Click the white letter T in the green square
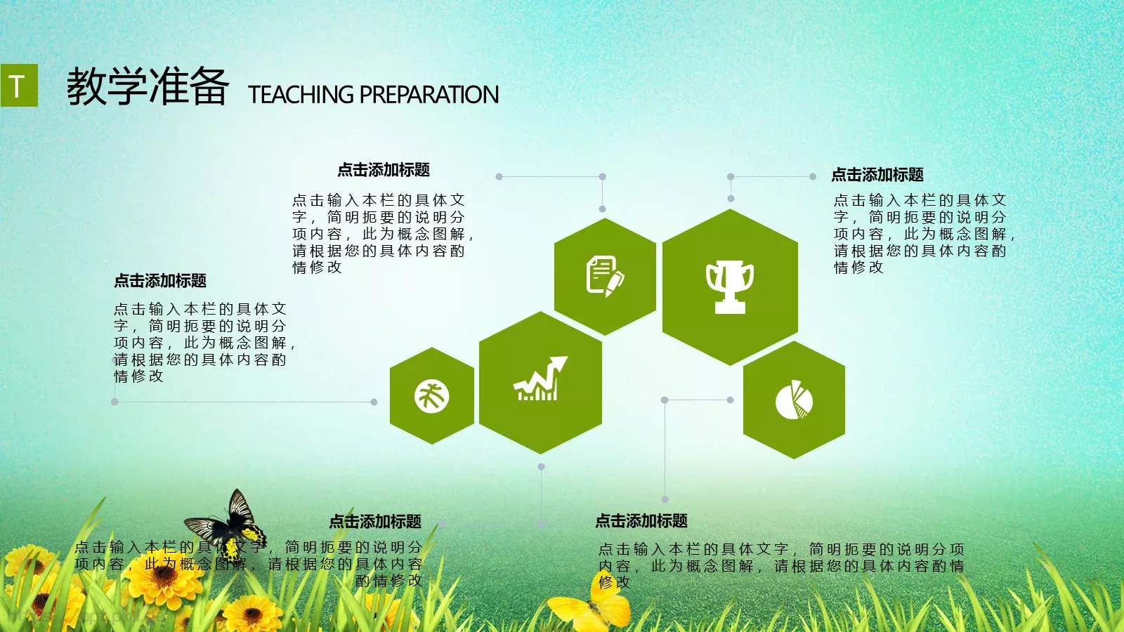pos(18,86)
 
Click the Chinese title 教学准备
pos(148,86)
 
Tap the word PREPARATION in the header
pos(429,95)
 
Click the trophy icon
pos(730,286)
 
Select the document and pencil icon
pos(604,275)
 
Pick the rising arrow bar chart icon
pos(540,380)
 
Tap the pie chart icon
pos(794,400)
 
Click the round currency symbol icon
pos(431,395)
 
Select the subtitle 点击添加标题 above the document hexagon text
pos(384,170)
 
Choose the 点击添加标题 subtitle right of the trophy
pos(877,175)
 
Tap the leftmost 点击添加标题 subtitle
pos(160,281)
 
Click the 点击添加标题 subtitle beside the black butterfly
pos(375,522)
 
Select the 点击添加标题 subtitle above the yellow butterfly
pos(641,521)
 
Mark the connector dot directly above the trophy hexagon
pos(731,199)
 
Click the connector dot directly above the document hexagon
pos(602,209)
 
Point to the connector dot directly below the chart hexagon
pos(541,466)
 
